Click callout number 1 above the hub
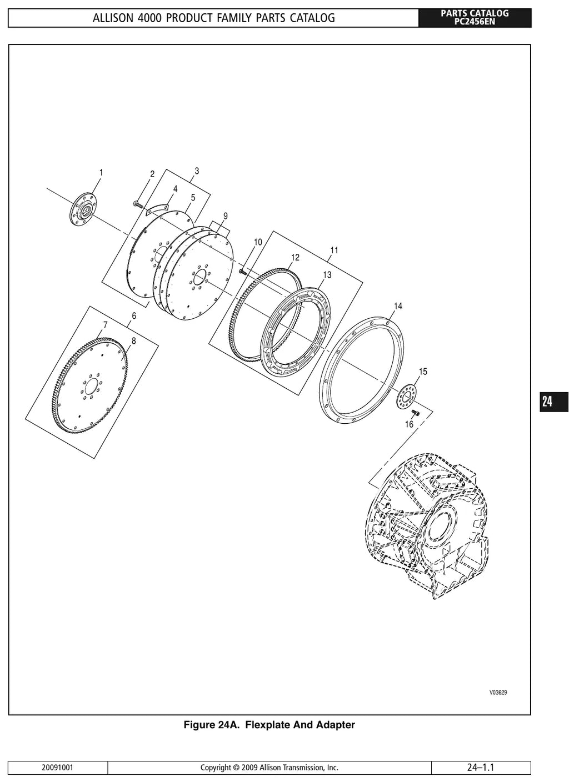[101, 173]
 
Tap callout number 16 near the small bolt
[409, 424]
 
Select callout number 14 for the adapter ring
[398, 306]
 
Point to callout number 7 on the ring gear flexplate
[105, 325]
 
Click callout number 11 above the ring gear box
[335, 250]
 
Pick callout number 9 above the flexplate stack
[225, 216]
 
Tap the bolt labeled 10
[242, 270]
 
